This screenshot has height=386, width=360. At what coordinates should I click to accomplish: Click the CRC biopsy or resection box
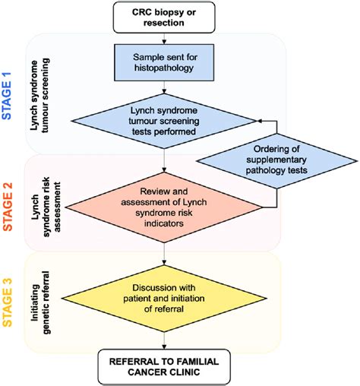(165, 17)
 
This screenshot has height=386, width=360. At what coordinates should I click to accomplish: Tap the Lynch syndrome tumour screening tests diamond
(165, 119)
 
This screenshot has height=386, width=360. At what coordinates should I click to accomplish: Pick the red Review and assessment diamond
(165, 206)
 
